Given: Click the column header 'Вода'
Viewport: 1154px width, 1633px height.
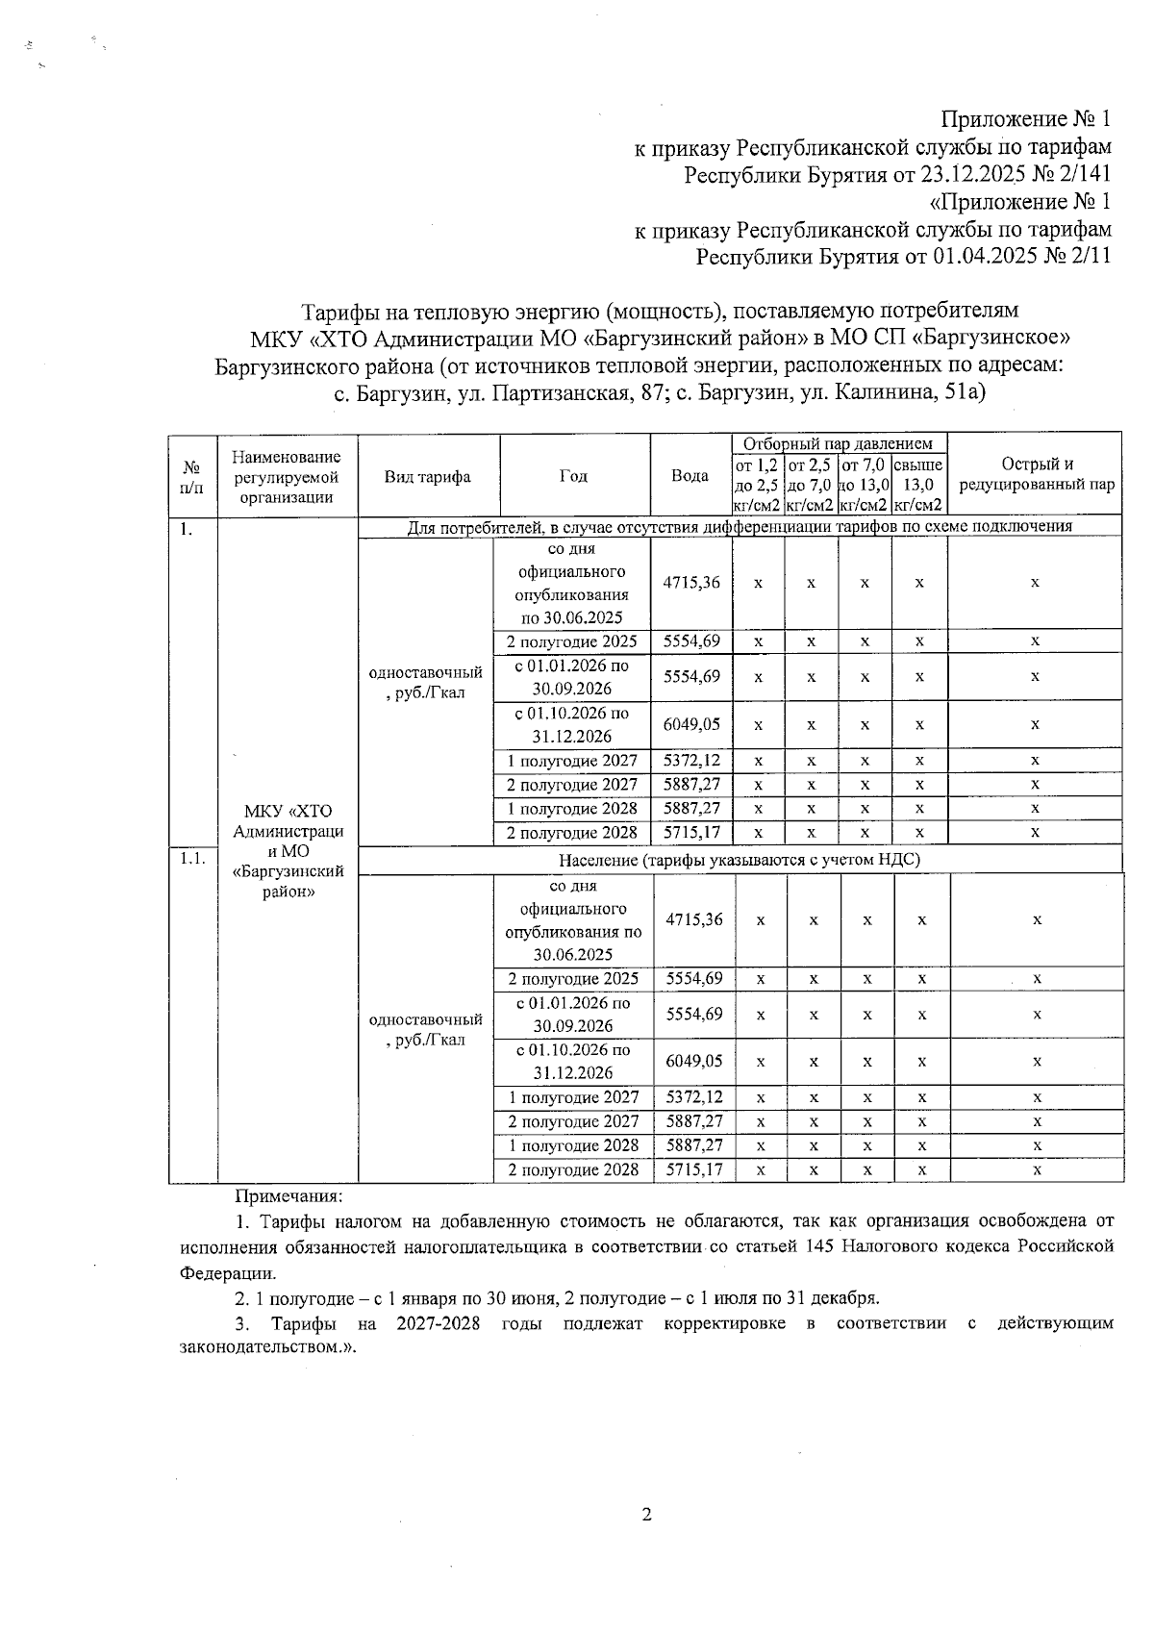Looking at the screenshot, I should click(x=690, y=476).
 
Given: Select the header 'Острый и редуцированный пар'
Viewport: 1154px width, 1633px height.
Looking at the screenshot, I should click(x=1036, y=475).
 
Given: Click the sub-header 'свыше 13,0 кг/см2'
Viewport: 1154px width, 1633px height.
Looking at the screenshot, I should click(x=918, y=486).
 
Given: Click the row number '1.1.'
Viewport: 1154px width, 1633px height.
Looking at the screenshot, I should click(x=192, y=859).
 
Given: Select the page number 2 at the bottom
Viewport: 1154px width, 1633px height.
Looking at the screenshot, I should click(x=646, y=1515).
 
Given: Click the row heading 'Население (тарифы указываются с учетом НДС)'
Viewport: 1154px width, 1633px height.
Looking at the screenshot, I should click(x=740, y=860).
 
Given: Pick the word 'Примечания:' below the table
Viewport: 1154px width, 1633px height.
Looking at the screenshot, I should click(x=289, y=1196).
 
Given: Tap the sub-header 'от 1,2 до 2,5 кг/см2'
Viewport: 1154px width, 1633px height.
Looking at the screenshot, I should click(x=757, y=486).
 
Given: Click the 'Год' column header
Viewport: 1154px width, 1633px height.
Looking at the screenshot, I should click(x=573, y=476).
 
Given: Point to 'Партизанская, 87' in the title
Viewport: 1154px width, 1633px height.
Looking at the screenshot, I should click(x=577, y=393).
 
